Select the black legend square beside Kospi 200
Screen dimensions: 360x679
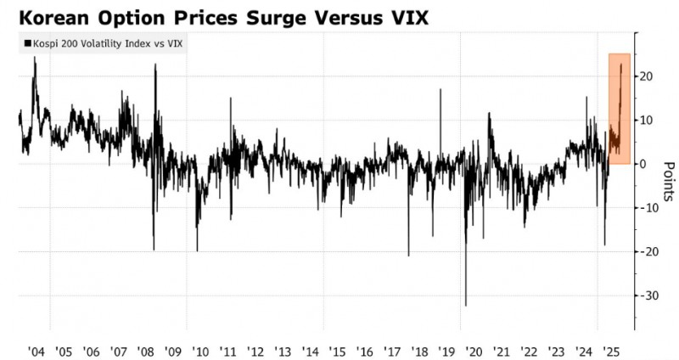27,43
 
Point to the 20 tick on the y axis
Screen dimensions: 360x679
646,76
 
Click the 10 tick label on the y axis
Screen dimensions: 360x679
646,120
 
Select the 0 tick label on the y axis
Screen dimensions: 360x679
643,164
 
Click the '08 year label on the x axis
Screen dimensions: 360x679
145,351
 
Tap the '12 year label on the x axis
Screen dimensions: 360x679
255,351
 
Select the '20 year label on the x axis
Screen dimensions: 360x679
474,351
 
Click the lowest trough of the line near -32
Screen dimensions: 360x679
466,305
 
